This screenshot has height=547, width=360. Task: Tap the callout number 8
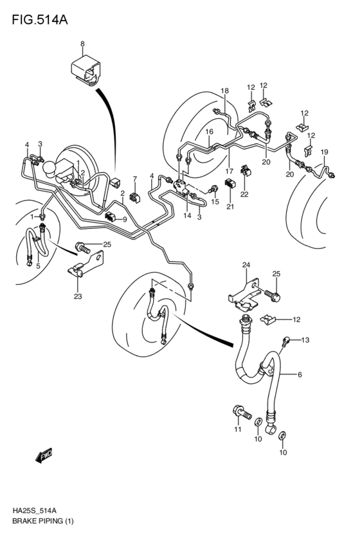[82, 43]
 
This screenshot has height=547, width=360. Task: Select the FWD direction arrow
[44, 456]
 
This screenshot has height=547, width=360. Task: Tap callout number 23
[78, 296]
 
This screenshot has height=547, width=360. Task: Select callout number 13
[305, 339]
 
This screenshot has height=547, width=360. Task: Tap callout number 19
[325, 152]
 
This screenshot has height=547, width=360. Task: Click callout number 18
[225, 91]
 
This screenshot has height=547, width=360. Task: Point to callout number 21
[230, 206]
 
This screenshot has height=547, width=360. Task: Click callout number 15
[215, 202]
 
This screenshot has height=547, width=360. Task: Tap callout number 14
[187, 215]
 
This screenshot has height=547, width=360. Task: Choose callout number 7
[135, 179]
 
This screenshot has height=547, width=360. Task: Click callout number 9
[124, 219]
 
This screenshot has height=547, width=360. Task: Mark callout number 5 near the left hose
[38, 266]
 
